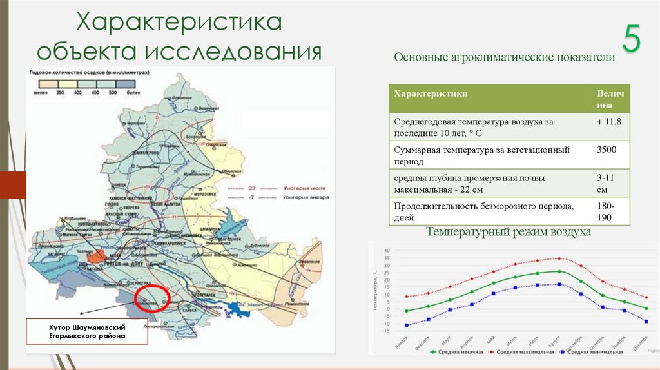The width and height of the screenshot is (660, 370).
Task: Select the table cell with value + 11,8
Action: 609,121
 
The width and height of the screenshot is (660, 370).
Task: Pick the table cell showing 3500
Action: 607,150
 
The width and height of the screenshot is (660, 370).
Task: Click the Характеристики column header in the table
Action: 431,93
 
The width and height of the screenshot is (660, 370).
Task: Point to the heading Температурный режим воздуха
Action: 508,231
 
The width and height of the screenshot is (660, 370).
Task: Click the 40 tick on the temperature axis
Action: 385,250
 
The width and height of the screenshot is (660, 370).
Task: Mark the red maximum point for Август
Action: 559,258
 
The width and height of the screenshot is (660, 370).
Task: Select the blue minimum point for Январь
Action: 406,325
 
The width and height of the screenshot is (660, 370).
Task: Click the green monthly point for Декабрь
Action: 646,308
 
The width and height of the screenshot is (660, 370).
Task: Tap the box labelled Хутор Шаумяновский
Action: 87,332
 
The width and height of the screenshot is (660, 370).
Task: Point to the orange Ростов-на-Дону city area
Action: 96,256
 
